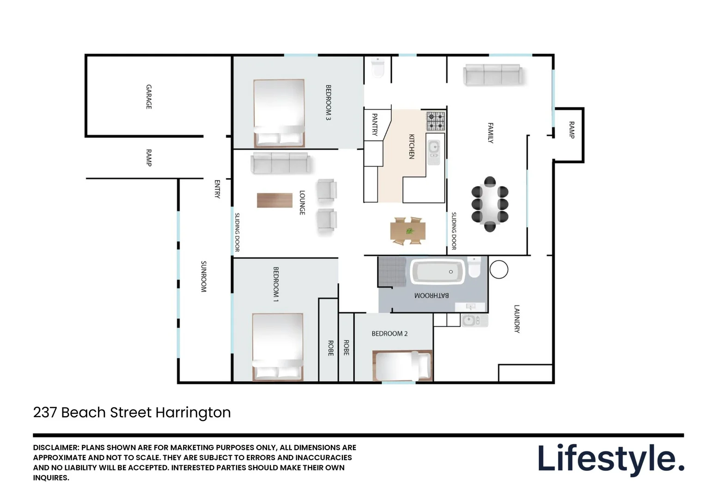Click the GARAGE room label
(149, 97)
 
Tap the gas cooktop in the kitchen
(435, 121)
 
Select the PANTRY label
(375, 125)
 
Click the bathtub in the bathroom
(438, 272)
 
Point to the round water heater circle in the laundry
(499, 269)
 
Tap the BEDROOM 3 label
(329, 103)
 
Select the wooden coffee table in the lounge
(274, 200)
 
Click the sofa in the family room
(493, 75)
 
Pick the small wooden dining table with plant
(408, 231)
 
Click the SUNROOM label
(203, 276)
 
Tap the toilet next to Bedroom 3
(378, 68)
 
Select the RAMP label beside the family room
(572, 130)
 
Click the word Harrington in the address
(193, 412)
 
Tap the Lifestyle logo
(610, 458)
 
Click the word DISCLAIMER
(55, 447)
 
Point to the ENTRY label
(217, 189)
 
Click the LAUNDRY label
(517, 318)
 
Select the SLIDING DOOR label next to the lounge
(237, 232)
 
